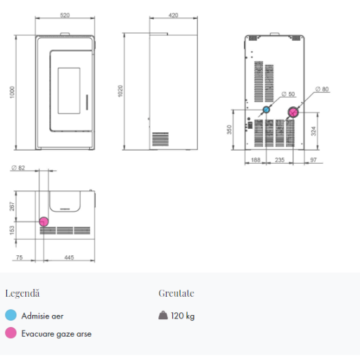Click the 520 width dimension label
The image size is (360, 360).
pyautogui.click(x=65, y=15)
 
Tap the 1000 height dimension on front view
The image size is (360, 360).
pyautogui.click(x=12, y=92)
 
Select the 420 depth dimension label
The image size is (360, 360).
pyautogui.click(x=173, y=15)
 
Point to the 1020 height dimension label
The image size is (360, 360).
pyautogui.click(x=120, y=91)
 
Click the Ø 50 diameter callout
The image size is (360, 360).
pyautogui.click(x=288, y=94)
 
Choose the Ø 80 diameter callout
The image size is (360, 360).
pyautogui.click(x=322, y=89)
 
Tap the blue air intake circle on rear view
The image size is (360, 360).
pyautogui.click(x=266, y=110)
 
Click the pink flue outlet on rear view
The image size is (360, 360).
pyautogui.click(x=293, y=112)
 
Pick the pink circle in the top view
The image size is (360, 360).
pyautogui.click(x=44, y=221)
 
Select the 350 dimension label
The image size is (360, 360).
pyautogui.click(x=229, y=129)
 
